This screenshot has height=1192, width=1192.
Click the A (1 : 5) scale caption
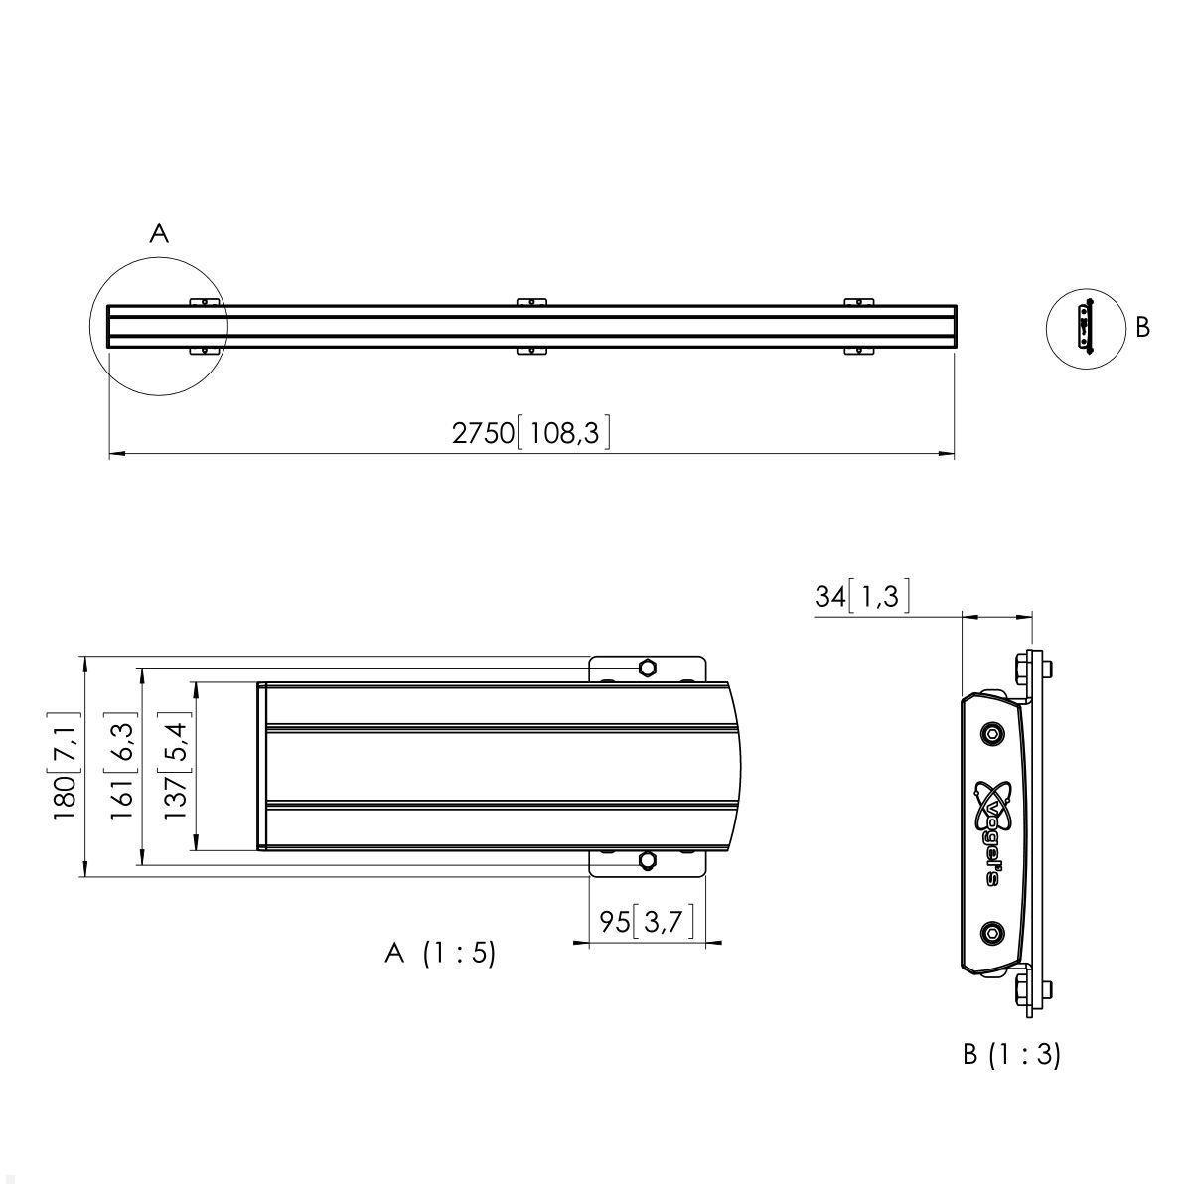click(439, 954)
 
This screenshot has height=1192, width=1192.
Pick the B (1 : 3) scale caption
click(1011, 1054)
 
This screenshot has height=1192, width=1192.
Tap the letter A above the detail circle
click(159, 233)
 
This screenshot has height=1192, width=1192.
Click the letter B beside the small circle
click(1142, 327)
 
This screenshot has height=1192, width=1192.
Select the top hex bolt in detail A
click(647, 667)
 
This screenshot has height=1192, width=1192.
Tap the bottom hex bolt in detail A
click(647, 862)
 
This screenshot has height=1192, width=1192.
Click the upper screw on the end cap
click(991, 733)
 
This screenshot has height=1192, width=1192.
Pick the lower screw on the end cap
click(991, 932)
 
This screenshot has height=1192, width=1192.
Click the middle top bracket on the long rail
click(531, 301)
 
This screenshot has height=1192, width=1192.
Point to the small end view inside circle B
click(1085, 325)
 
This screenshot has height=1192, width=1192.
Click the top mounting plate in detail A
click(647, 669)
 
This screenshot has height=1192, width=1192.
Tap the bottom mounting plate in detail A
click(647, 863)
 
